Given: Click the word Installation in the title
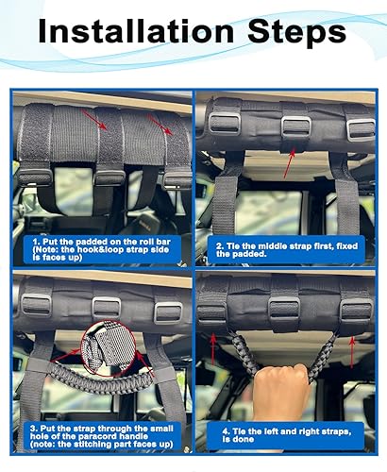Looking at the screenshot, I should (x=131, y=33).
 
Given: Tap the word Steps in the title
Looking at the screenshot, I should (x=294, y=33).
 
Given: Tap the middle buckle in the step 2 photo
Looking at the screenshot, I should (x=294, y=127).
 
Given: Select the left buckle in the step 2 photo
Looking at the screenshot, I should (x=225, y=123).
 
